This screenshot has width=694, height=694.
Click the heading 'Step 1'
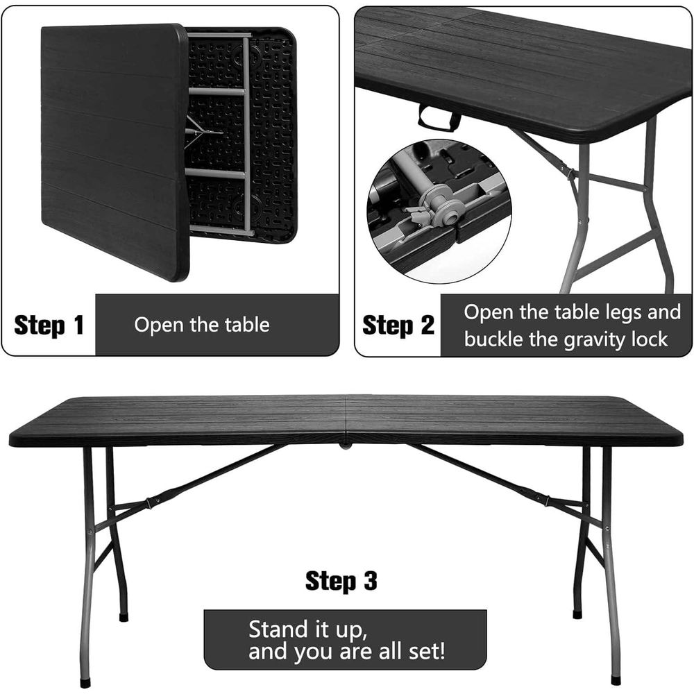point(49,325)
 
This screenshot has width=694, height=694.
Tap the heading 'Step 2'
point(398,325)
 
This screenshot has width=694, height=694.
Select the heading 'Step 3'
point(341,581)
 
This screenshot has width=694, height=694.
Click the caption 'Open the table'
point(202,325)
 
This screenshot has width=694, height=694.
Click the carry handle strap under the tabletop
point(439,119)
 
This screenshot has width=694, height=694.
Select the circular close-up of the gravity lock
point(439,212)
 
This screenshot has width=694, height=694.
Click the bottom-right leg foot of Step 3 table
point(615,680)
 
